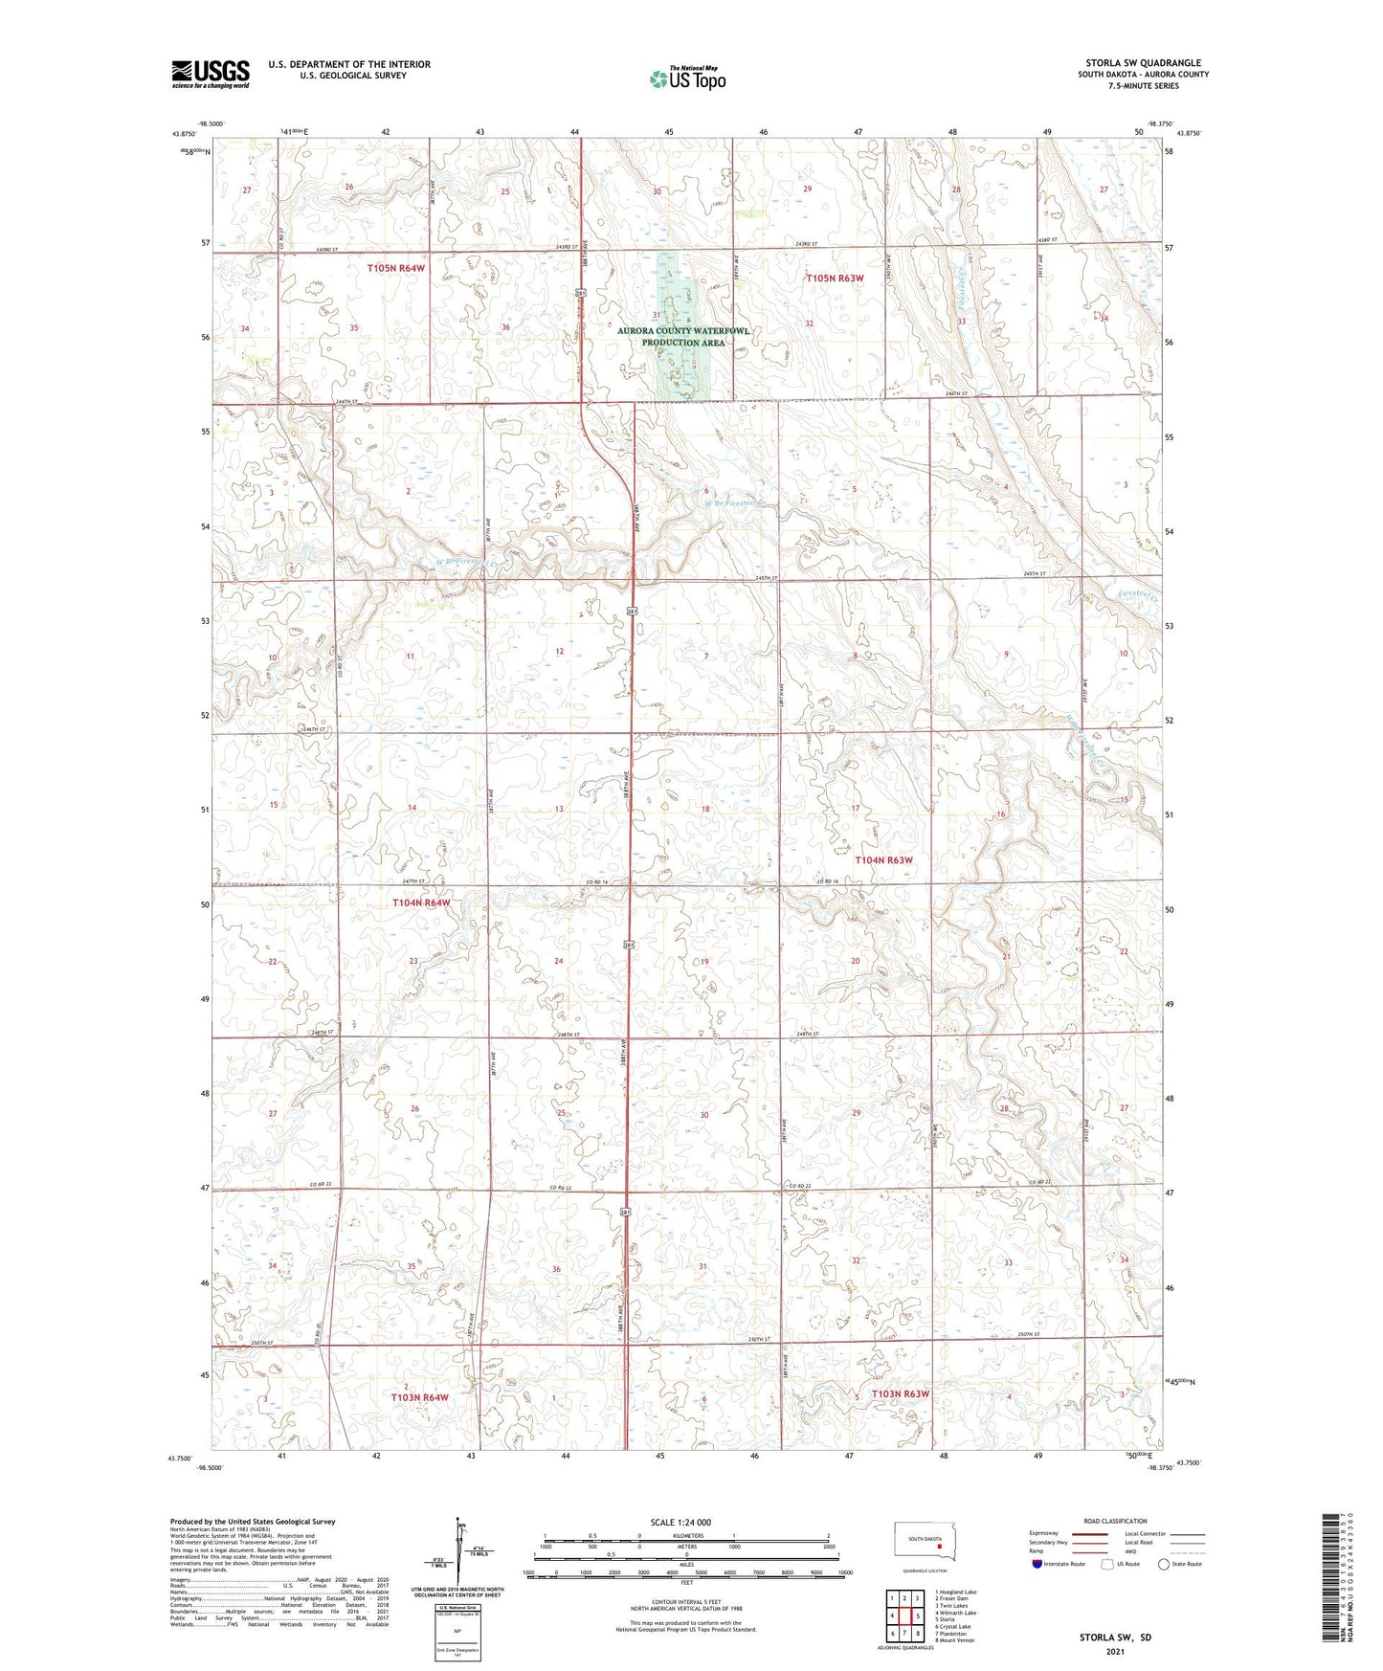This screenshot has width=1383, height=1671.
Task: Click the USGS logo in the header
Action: point(210,74)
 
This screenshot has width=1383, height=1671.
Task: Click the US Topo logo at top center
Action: point(687,78)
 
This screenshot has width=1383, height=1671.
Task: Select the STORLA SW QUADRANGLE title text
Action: point(1143,63)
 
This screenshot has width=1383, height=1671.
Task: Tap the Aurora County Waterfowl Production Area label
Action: point(683,336)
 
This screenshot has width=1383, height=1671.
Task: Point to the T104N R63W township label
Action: point(883,860)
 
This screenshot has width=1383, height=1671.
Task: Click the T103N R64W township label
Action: point(419,1397)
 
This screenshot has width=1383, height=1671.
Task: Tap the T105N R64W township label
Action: point(395,269)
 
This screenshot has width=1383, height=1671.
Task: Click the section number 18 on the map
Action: point(705,810)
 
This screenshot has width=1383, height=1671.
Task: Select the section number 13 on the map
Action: point(559,810)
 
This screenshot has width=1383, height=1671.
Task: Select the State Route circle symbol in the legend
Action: point(1164,1565)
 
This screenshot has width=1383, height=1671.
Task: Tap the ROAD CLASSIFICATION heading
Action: point(1115,1521)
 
